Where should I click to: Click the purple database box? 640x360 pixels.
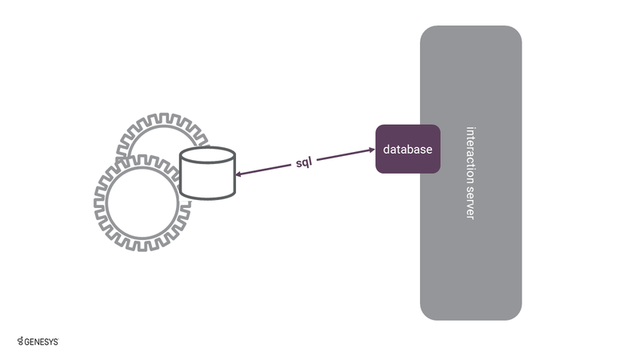click(408, 149)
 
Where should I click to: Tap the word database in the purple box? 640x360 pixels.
click(408, 150)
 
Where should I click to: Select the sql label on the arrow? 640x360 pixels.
click(305, 162)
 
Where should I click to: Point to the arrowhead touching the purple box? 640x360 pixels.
click(372, 150)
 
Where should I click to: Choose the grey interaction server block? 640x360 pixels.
click(471, 240)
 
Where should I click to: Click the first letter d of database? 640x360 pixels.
click(386, 150)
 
